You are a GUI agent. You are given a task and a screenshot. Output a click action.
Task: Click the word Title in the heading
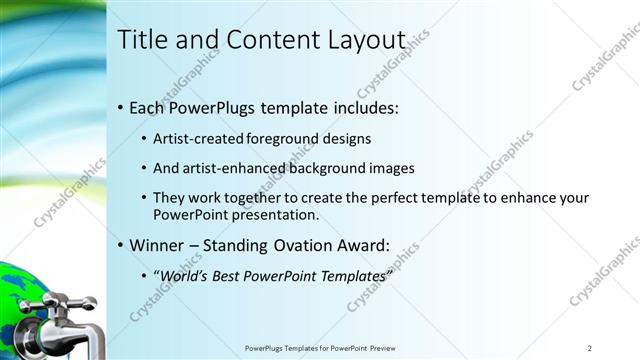click(141, 40)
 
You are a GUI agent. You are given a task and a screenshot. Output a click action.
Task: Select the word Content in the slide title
click(269, 40)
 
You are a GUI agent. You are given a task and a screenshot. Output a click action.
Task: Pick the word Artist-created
click(196, 139)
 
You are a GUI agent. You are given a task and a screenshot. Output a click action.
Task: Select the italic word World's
click(183, 276)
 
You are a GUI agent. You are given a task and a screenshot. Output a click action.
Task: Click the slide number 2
click(590, 348)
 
